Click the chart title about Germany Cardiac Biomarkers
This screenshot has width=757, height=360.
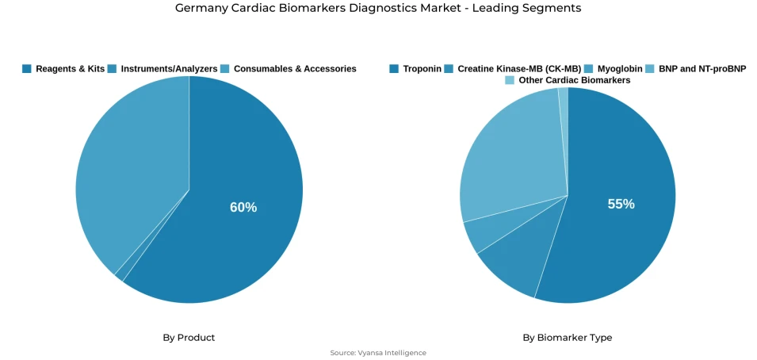click(378, 9)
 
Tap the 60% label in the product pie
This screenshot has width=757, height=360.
click(243, 207)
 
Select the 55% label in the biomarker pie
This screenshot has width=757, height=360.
click(621, 204)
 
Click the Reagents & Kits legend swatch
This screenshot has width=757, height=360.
click(27, 69)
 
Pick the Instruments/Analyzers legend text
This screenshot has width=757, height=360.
click(169, 69)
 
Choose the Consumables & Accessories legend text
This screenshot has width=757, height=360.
click(295, 69)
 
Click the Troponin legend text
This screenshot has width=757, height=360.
click(422, 69)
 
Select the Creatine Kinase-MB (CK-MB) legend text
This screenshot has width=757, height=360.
click(519, 69)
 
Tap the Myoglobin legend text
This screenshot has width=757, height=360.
click(620, 69)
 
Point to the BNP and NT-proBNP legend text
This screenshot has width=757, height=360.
click(702, 69)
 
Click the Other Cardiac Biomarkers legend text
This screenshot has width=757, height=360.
click(575, 81)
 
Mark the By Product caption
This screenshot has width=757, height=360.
click(189, 338)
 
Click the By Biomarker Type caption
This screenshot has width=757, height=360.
click(567, 338)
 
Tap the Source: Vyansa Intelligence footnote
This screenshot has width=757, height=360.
click(378, 353)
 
